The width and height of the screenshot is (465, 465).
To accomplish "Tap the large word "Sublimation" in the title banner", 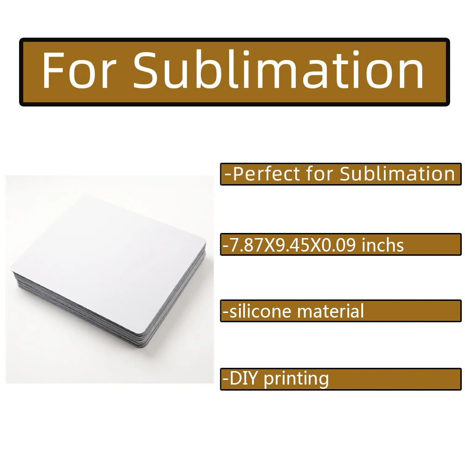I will (279, 70).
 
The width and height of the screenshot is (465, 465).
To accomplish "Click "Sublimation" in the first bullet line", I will (397, 174).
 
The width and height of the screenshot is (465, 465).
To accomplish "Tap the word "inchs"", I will (383, 245).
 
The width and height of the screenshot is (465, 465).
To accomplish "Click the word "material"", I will (330, 311).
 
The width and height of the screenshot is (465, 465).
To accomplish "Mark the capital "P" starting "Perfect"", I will (238, 174).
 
